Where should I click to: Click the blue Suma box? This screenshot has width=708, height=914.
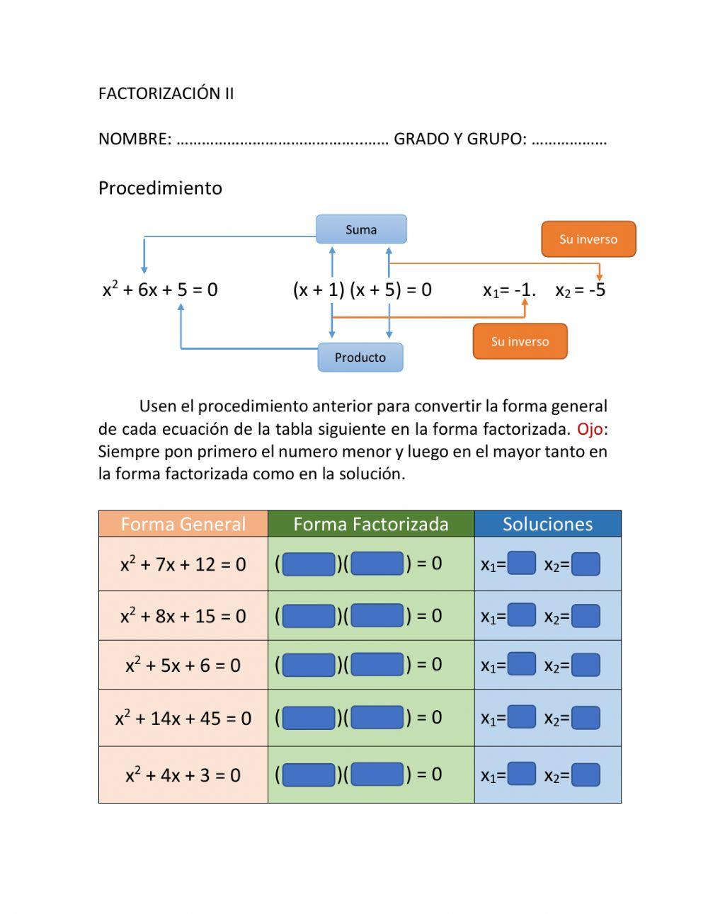click(361, 229)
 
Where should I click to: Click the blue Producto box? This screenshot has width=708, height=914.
click(360, 358)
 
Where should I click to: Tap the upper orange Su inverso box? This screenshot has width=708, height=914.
click(588, 239)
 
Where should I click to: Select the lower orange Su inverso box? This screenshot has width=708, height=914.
click(520, 341)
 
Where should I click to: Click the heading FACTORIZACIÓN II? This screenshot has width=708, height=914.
click(166, 93)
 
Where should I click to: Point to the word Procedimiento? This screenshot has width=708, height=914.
click(160, 188)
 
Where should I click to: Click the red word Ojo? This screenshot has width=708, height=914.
click(589, 429)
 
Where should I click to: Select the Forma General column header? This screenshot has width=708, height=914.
click(183, 524)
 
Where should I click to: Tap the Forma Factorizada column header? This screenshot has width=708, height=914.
click(371, 524)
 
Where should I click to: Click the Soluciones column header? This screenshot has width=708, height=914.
click(547, 524)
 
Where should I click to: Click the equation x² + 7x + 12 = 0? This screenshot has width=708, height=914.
click(183, 564)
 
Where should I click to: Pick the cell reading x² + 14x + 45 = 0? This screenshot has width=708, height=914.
click(183, 718)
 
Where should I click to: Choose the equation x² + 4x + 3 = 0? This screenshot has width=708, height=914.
click(183, 775)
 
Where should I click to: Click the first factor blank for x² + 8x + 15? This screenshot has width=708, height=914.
click(309, 615)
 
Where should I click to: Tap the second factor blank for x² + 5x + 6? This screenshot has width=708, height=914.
click(377, 664)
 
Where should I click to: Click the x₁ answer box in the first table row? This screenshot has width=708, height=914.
click(522, 564)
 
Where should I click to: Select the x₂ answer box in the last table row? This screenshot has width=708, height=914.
click(586, 775)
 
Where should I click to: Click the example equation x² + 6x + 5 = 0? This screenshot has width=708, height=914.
click(160, 289)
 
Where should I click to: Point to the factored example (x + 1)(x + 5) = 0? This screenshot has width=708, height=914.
click(362, 290)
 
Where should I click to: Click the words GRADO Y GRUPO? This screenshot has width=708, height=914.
click(459, 139)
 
